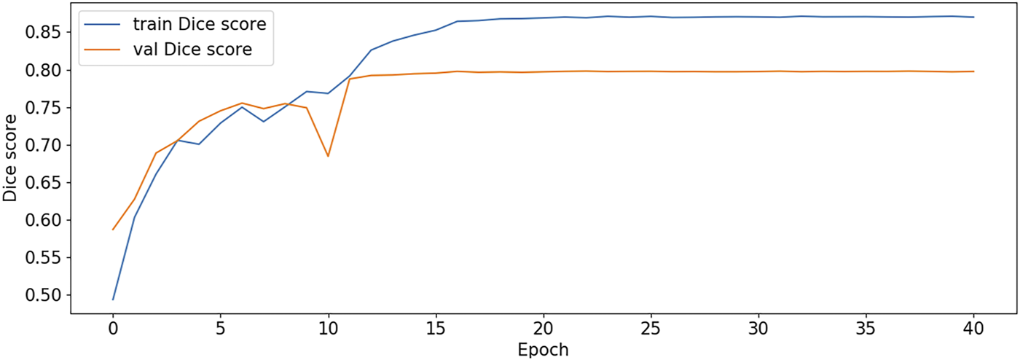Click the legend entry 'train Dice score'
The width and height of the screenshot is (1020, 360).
tap(198, 25)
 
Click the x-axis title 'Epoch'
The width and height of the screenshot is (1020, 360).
tap(543, 349)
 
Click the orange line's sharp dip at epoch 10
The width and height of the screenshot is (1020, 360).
tap(329, 156)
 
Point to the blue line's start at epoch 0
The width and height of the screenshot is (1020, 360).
tap(113, 300)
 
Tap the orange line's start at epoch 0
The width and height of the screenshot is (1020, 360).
tap(113, 230)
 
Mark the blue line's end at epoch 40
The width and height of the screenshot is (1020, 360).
tap(974, 17)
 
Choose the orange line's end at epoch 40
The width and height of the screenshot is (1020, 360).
tap(974, 71)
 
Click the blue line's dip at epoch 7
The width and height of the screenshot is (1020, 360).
tap(264, 122)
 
